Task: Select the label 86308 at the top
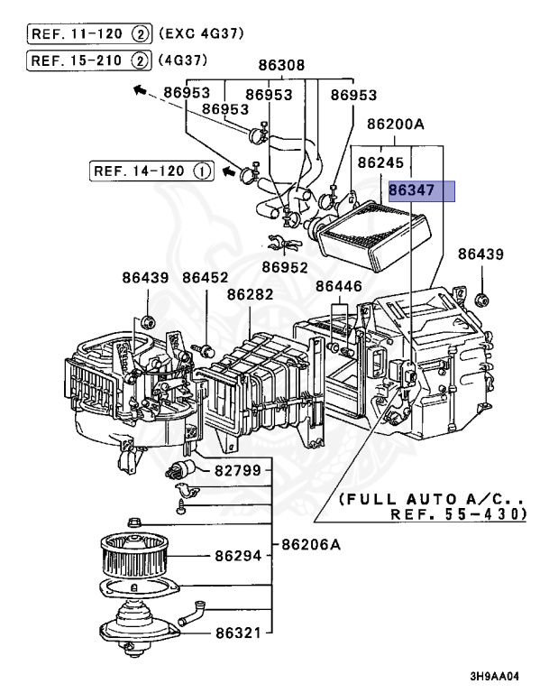pos(281,65)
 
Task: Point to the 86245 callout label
pos(378,163)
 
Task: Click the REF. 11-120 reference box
pos(89,34)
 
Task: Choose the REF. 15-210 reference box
pos(89,61)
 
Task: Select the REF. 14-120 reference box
pos(151,169)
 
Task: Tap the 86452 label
pos(206,278)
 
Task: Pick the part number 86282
pos(250,295)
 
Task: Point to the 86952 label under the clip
pos(285,266)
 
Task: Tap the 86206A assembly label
pos(310,544)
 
